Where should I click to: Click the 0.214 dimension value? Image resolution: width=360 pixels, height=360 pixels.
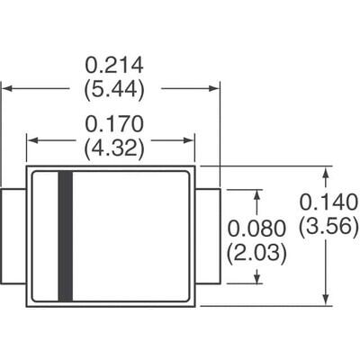point(114,66)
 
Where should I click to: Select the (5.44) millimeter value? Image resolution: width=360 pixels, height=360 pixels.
point(114,88)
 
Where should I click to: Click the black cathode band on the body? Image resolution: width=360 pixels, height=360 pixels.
point(65,236)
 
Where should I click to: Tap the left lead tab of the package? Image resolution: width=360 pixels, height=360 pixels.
point(13,236)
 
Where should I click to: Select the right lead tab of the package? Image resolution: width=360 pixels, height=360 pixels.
point(209,236)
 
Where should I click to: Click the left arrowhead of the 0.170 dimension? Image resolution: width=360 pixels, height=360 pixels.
point(31,139)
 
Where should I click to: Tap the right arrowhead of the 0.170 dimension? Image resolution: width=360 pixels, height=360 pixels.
point(190,139)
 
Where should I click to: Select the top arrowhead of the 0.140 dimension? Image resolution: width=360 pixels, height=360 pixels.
point(325,171)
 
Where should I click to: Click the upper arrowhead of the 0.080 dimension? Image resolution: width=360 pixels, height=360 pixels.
point(258,193)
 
